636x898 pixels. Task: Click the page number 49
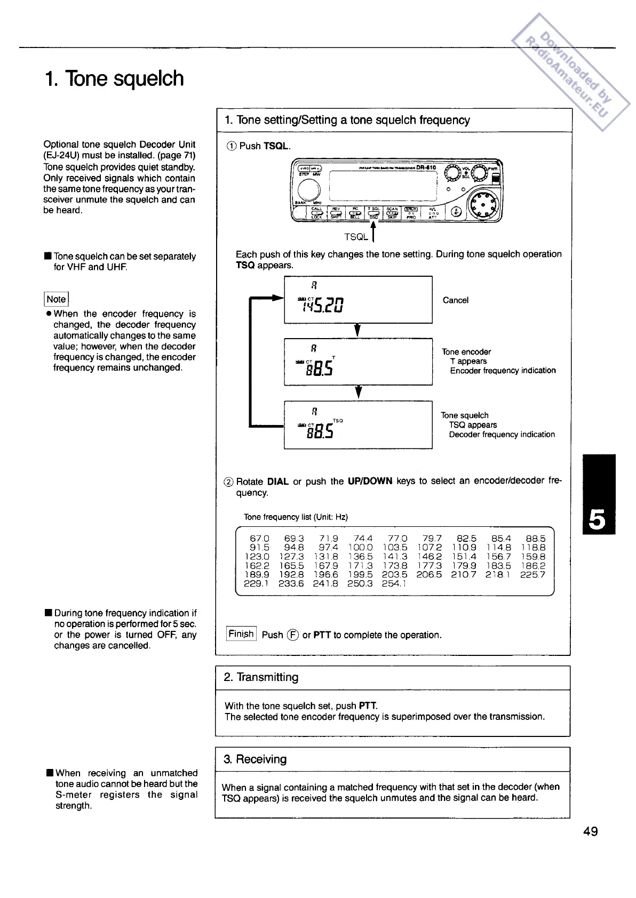(591, 831)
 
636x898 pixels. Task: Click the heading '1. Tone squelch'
(114, 78)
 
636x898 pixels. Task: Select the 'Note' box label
(56, 299)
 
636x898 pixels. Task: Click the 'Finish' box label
(241, 634)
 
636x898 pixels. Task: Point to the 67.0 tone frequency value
(260, 539)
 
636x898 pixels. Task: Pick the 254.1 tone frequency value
(394, 583)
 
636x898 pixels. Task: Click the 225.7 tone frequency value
(533, 574)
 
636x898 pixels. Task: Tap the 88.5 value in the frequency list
(535, 539)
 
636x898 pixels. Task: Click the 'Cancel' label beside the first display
(455, 300)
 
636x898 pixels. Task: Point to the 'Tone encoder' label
(466, 352)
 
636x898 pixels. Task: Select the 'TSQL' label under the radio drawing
(356, 237)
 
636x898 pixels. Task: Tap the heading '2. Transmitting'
(261, 677)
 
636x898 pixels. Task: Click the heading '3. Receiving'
(255, 759)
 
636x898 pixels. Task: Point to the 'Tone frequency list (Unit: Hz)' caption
(296, 517)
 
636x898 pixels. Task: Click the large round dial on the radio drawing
(484, 205)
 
